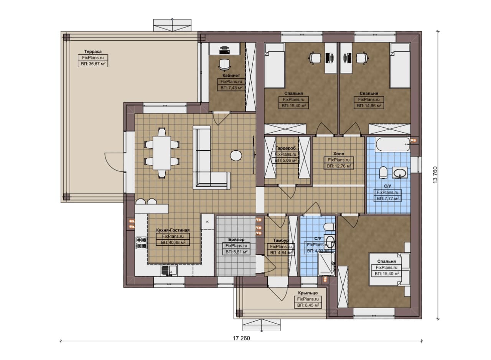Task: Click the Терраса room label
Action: pos(93,51)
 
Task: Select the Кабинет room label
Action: pos(231,76)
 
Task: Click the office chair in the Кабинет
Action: pos(225,65)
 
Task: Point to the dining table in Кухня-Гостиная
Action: pos(162,153)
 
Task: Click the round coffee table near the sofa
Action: pos(236,156)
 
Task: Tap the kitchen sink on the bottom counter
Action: pos(169,270)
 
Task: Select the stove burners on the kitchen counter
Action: pos(141,243)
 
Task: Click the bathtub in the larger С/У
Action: pos(392,145)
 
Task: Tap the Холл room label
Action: pos(339,154)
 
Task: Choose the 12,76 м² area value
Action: pos(339,166)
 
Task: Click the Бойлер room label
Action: pos(236,240)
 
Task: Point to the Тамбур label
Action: pos(281,240)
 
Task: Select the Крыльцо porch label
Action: pos(308,293)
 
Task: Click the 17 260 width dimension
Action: pos(241,338)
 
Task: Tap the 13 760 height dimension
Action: pos(435,175)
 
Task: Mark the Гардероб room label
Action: pos(285,148)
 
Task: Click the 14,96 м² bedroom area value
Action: pos(369,105)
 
